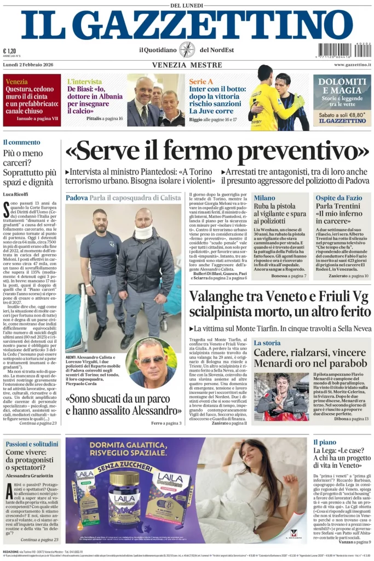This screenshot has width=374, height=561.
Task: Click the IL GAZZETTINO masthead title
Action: (187, 25)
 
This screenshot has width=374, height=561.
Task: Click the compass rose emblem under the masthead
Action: (187, 50)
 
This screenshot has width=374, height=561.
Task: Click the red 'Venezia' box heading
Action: (16, 82)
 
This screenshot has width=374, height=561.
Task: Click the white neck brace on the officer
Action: (143, 232)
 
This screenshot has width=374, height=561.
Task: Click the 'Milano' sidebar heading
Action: (264, 198)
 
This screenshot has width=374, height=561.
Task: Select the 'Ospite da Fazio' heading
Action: (338, 198)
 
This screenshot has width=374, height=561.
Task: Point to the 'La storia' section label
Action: (267, 342)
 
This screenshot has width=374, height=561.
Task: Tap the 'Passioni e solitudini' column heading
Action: (32, 444)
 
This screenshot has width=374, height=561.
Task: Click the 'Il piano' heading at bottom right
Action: (325, 442)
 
